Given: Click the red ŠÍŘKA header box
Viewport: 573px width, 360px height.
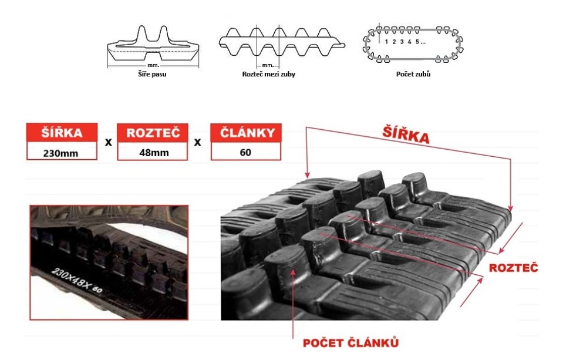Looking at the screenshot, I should click(62, 133).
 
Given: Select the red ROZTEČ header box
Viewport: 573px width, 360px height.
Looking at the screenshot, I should click(153, 133).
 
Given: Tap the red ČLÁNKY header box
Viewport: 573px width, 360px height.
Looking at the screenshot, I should click(246, 133).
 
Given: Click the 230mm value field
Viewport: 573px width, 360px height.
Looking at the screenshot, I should click(62, 152).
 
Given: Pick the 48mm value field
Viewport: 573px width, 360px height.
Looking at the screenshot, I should click(153, 152).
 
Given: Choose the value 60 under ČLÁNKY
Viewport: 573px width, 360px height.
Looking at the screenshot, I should click(246, 152).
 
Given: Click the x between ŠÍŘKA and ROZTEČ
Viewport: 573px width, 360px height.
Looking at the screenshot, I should click(107, 142).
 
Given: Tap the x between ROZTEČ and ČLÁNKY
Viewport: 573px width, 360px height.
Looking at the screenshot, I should click(198, 142).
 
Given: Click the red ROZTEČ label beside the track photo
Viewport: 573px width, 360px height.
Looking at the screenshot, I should click(514, 268).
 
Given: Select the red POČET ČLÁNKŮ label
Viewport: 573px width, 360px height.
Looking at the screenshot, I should click(350, 342).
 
